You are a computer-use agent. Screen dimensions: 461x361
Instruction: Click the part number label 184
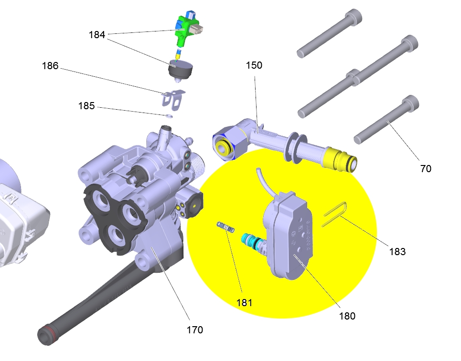(x=96, y=35)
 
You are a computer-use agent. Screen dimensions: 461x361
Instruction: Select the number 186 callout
(x=50, y=65)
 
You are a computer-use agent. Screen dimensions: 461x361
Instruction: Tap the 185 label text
(x=86, y=106)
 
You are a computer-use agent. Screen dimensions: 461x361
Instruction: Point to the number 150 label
(x=254, y=65)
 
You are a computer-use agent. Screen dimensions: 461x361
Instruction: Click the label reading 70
(x=426, y=169)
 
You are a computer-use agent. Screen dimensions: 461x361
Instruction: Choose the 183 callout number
(x=397, y=251)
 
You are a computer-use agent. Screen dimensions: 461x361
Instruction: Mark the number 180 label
(x=347, y=316)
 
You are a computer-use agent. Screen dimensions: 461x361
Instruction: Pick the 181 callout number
(x=244, y=303)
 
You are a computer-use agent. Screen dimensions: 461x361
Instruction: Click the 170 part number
(x=194, y=330)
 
